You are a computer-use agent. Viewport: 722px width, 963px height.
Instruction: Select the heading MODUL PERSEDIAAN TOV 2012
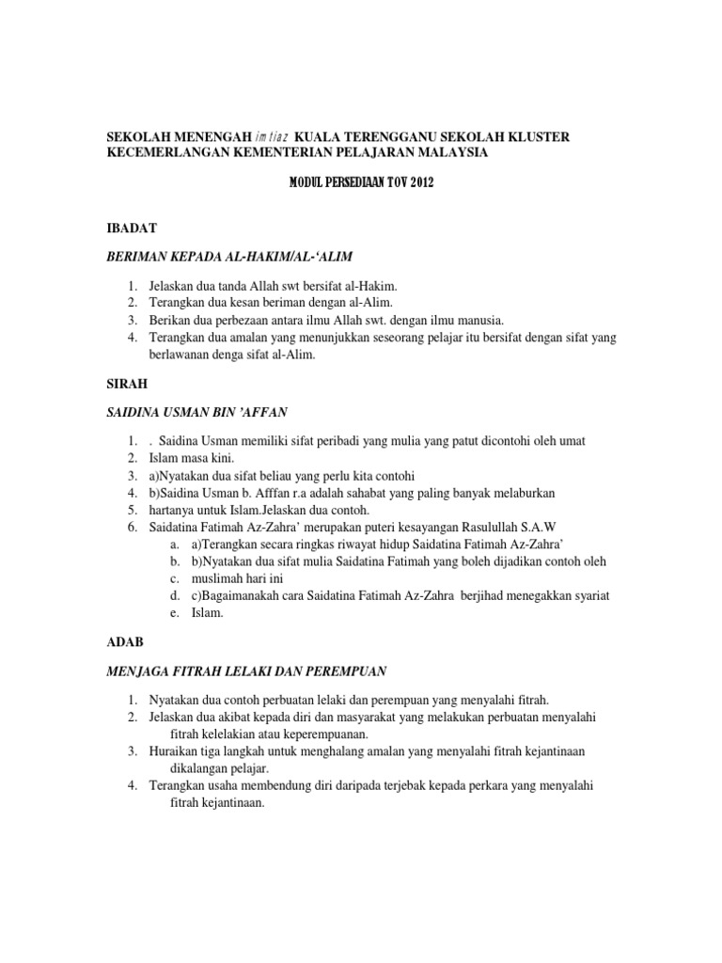pyautogui.click(x=360, y=183)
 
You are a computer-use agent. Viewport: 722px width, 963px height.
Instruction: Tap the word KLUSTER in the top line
pyautogui.click(x=536, y=137)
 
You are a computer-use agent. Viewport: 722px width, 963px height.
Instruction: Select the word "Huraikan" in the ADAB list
pyautogui.click(x=176, y=750)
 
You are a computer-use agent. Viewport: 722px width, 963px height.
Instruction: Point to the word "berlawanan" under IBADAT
pyautogui.click(x=183, y=355)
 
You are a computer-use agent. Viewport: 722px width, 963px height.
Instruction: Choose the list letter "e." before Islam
pyautogui.click(x=175, y=613)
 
